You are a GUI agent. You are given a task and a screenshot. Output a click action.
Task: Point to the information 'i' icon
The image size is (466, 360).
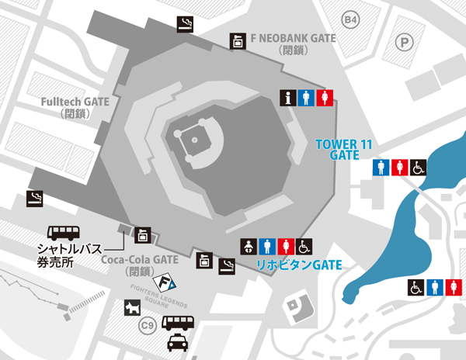coord(289,98)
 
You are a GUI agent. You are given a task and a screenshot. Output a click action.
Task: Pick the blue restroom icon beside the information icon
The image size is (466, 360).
coord(308,98)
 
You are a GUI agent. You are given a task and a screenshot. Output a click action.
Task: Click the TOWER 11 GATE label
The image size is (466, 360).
coord(338,149)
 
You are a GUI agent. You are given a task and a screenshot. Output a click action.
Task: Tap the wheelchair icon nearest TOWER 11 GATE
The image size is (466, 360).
coord(418,168)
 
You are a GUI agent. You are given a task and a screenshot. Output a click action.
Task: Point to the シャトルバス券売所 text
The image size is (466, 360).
coord(67,255)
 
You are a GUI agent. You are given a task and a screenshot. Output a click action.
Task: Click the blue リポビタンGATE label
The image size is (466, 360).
coord(298,265)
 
